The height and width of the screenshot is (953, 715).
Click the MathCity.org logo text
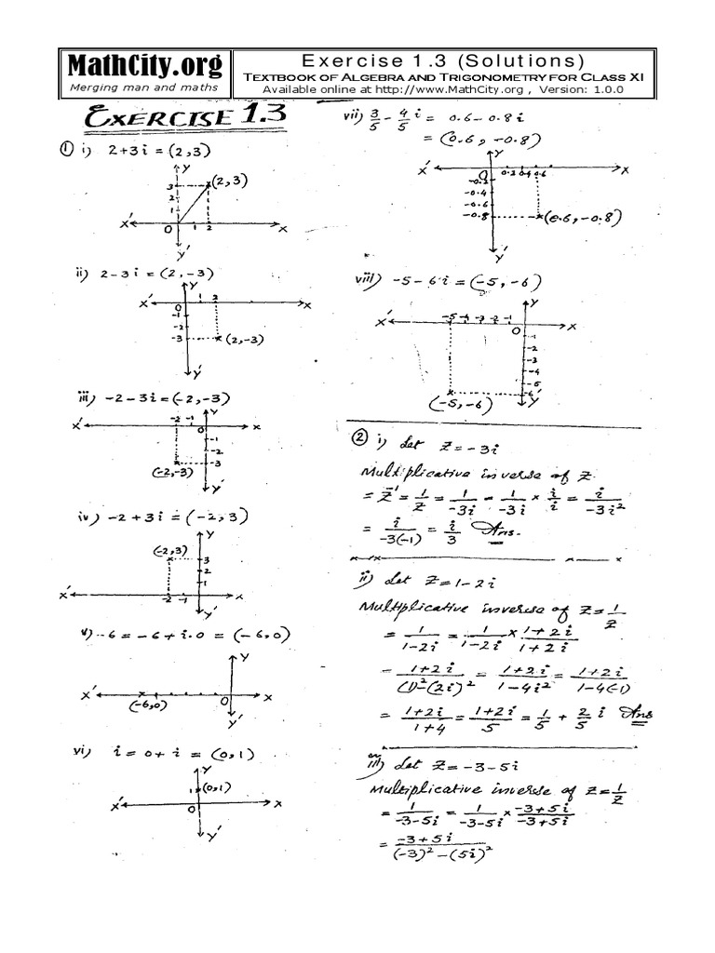[x=144, y=65]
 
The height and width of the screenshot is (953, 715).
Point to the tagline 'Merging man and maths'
[x=144, y=87]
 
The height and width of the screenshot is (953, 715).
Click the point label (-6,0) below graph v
[x=148, y=705]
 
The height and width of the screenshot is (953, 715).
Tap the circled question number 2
[x=358, y=437]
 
